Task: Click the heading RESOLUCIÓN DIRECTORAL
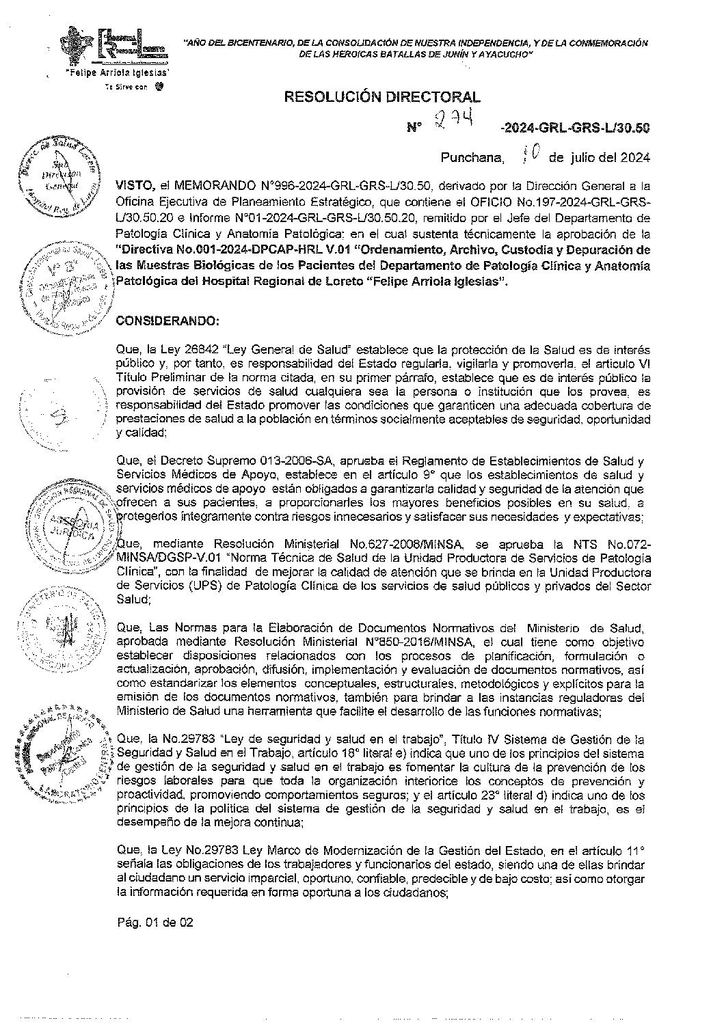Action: point(381,98)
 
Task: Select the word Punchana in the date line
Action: point(472,158)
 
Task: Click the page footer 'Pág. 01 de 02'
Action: point(155,923)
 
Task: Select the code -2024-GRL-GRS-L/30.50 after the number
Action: point(574,128)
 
